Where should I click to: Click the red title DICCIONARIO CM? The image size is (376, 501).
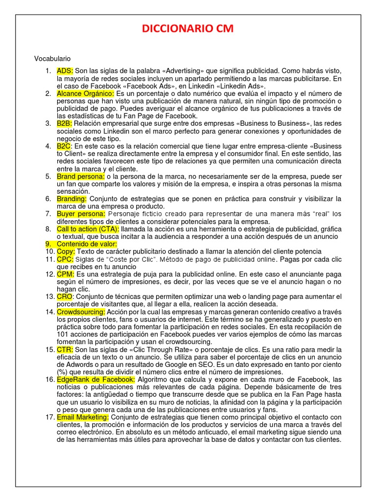(188, 30)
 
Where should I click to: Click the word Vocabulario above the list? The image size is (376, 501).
(52, 59)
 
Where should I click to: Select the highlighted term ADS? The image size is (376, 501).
(65, 70)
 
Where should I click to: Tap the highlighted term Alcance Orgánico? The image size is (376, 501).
(85, 93)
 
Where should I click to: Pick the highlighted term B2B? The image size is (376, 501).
(64, 123)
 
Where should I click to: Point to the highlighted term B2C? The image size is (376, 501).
(64, 146)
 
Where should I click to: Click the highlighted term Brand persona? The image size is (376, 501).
(80, 176)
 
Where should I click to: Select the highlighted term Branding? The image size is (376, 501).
(71, 199)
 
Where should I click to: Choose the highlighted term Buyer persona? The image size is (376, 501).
(81, 214)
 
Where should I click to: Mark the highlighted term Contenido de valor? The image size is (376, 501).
(87, 244)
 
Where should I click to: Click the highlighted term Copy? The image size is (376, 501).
(66, 251)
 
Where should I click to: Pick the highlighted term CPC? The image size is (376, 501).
(65, 259)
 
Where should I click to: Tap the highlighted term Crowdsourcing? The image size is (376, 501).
(81, 312)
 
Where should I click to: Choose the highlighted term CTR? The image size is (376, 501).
(65, 349)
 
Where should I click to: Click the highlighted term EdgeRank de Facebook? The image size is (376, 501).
(95, 379)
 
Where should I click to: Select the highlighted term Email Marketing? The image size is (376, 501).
(83, 417)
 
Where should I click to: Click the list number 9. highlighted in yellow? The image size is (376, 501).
(48, 244)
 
